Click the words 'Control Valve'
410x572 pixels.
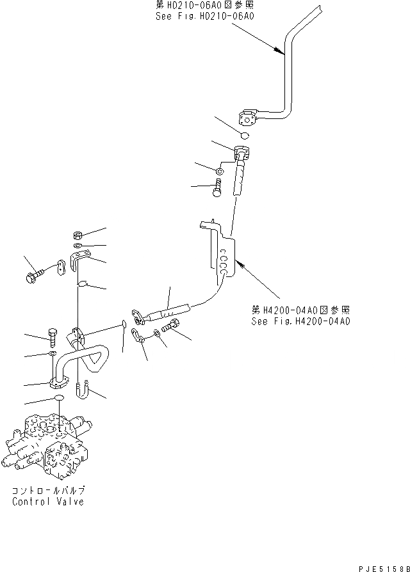pyautogui.click(x=48, y=502)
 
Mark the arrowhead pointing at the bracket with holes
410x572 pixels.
pyautogui.click(x=240, y=262)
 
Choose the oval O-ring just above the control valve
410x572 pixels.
pyautogui.click(x=59, y=399)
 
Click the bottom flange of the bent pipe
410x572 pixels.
pyautogui.click(x=59, y=384)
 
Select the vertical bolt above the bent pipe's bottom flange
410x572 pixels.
pyautogui.click(x=53, y=335)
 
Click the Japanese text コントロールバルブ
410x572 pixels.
pyautogui.click(x=48, y=491)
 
